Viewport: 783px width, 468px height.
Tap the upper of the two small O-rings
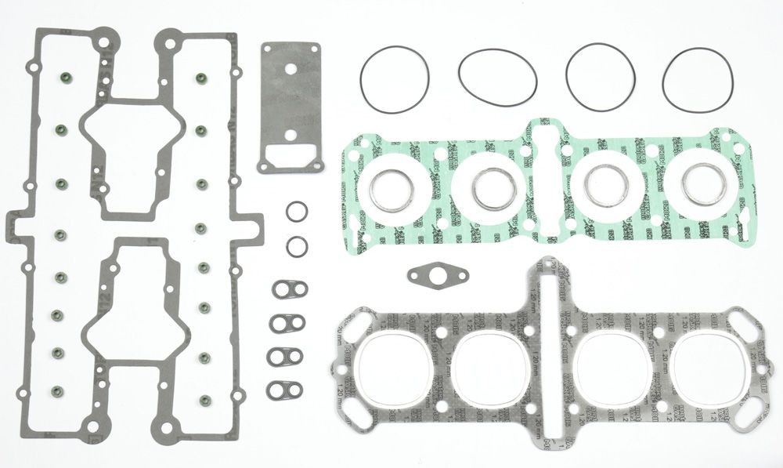[296, 213]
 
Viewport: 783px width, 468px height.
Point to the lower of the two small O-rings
[296, 247]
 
